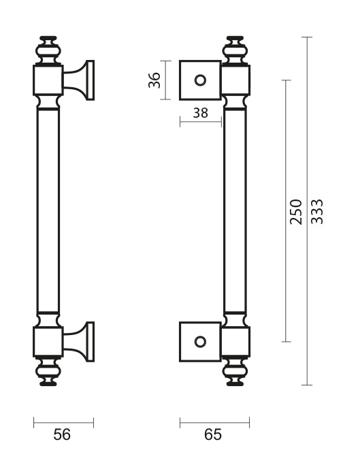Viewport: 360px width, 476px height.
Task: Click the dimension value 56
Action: tap(62, 434)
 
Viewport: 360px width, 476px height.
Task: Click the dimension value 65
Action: tap(213, 434)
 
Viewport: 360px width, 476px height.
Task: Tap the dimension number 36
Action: tap(154, 80)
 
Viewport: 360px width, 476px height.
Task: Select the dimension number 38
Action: tap(201, 113)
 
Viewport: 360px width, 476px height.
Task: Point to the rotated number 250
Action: tap(296, 212)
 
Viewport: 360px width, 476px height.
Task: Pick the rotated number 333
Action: tap(317, 212)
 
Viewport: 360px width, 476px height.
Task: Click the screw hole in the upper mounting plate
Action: tap(200, 80)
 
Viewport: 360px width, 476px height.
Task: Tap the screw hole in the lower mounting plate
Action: tap(200, 342)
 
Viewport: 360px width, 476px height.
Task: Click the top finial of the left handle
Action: tap(48, 50)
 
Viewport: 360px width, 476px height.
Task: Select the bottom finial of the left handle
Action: tap(48, 371)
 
